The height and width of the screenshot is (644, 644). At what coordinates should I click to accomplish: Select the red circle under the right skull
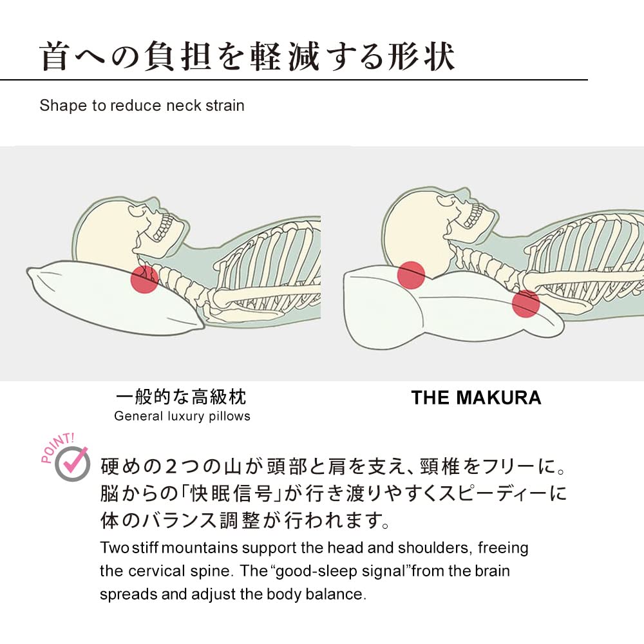point(411,274)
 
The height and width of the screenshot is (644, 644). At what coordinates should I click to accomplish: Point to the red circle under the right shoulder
point(526,303)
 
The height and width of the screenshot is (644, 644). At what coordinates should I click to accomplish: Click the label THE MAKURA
point(476,398)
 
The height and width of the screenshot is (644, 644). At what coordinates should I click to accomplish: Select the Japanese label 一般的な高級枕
point(182,395)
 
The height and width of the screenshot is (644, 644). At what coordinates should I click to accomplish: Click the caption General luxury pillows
point(182,416)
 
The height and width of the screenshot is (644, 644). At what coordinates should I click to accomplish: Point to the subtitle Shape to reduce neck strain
point(142,106)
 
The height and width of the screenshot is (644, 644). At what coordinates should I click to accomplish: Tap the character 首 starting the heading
point(55,57)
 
